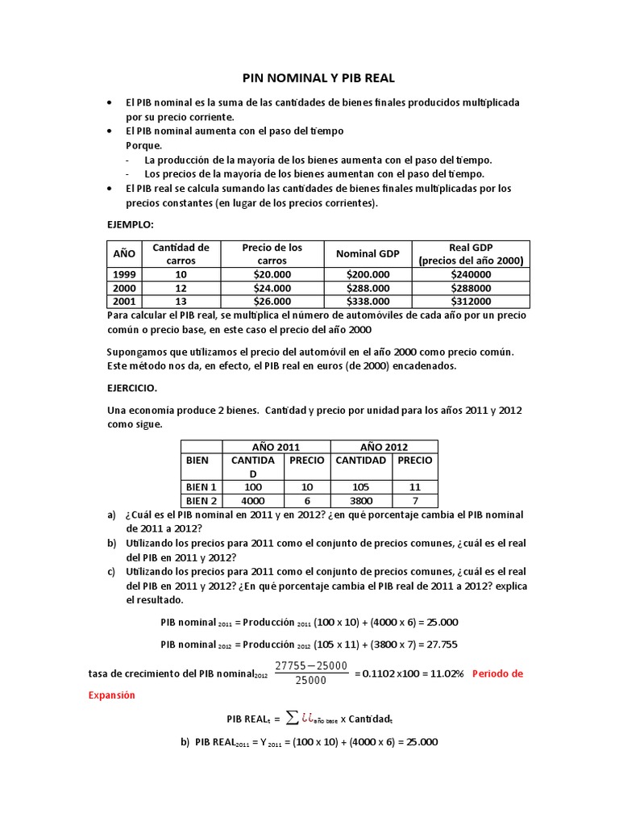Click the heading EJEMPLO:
pyautogui.click(x=130, y=223)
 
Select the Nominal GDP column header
pyautogui.click(x=368, y=254)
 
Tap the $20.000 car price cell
pyautogui.click(x=272, y=274)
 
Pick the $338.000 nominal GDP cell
pyautogui.click(x=368, y=301)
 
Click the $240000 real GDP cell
pyautogui.click(x=471, y=274)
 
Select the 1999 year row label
pyautogui.click(x=124, y=274)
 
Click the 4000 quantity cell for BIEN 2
pyautogui.click(x=253, y=501)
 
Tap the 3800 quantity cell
pyautogui.click(x=360, y=501)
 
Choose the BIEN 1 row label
pyautogui.click(x=201, y=487)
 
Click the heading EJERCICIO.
pyautogui.click(x=134, y=387)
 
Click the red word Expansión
pyautogui.click(x=111, y=694)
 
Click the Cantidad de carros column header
pyautogui.click(x=181, y=254)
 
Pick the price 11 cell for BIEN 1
pyautogui.click(x=414, y=487)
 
